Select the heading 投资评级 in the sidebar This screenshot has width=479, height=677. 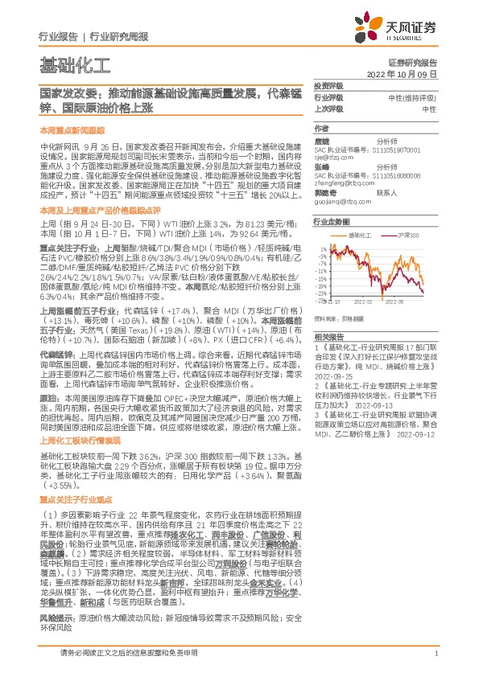tap(328, 85)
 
